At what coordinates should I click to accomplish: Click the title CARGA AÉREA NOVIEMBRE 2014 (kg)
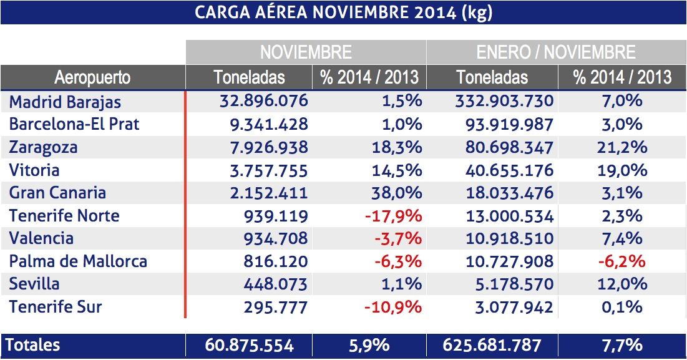coord(343,12)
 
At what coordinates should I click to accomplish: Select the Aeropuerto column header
coord(92,77)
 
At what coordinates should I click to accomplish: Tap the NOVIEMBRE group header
coord(306,52)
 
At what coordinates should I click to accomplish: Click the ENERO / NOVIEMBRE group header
coord(556,52)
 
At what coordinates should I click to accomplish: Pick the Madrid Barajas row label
coord(65,102)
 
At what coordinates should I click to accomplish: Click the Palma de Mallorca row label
coord(78,261)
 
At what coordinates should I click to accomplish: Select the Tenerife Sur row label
coord(56,307)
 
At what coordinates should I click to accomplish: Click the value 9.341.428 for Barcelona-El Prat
coord(270,124)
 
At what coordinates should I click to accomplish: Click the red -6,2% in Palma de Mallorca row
coord(621,261)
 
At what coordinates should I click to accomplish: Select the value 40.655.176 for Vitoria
coord(509,170)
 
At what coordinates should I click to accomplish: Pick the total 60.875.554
coord(249,345)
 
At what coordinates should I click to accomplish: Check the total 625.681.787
coord(492,345)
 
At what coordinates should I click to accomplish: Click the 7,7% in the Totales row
coord(621,345)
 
